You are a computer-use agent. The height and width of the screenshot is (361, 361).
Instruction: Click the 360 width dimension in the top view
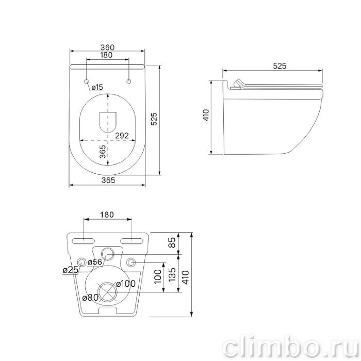pyautogui.click(x=107, y=47)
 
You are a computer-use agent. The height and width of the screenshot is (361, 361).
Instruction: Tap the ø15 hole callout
pyautogui.click(x=97, y=87)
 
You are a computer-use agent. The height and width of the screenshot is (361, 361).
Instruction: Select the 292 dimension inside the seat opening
pyautogui.click(x=122, y=136)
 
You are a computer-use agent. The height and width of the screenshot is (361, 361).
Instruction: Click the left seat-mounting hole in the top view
pyautogui.click(x=87, y=81)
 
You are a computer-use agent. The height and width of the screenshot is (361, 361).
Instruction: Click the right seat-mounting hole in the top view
pyautogui.click(x=129, y=81)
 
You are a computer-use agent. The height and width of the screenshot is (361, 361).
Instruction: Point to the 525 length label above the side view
pyautogui.click(x=280, y=66)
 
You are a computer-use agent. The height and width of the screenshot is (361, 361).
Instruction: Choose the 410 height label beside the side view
pyautogui.click(x=206, y=115)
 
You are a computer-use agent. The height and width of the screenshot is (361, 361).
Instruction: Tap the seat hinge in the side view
pyautogui.click(x=236, y=85)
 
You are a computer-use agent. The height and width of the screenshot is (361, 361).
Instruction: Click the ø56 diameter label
pyautogui.click(x=95, y=262)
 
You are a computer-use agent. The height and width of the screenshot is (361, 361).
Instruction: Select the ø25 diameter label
pyautogui.click(x=71, y=270)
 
